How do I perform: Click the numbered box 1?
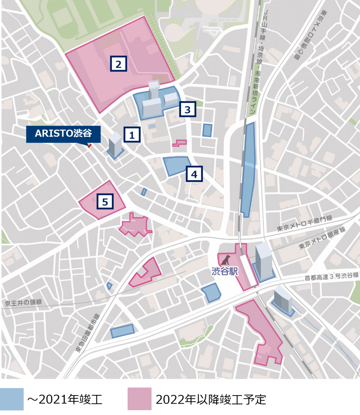pos(132,135)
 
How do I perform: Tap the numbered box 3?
pos(187,109)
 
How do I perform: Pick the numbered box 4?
pos(194,174)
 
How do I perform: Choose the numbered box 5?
pos(105,201)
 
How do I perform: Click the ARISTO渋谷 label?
pos(63,134)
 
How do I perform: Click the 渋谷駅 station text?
pos(225,271)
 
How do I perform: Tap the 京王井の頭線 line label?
pos(24,302)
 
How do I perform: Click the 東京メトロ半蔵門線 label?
pos(304,223)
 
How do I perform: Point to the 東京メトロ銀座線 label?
pos(322,238)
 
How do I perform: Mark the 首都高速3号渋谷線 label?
pos(331,276)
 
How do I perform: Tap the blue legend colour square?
pos(12,399)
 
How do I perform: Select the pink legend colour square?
pos(139,399)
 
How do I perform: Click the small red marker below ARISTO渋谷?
pos(90,146)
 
